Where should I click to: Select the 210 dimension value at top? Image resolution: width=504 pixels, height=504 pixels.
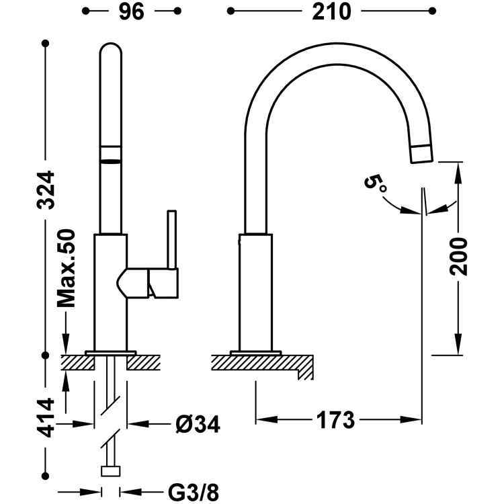point(329,12)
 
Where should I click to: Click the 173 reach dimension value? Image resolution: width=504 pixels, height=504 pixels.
point(334,421)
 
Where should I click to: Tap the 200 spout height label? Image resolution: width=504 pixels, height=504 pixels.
point(458,256)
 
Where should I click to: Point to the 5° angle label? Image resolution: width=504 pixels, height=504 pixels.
point(376,183)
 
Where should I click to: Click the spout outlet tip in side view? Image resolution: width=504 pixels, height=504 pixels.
point(421,153)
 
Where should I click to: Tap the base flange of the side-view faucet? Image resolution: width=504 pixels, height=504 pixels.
point(255,351)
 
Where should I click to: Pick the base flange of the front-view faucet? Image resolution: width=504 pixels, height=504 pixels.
point(110,351)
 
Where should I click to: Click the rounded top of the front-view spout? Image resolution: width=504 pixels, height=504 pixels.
point(112,50)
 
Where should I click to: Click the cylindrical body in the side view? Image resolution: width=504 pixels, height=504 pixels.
point(256,292)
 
